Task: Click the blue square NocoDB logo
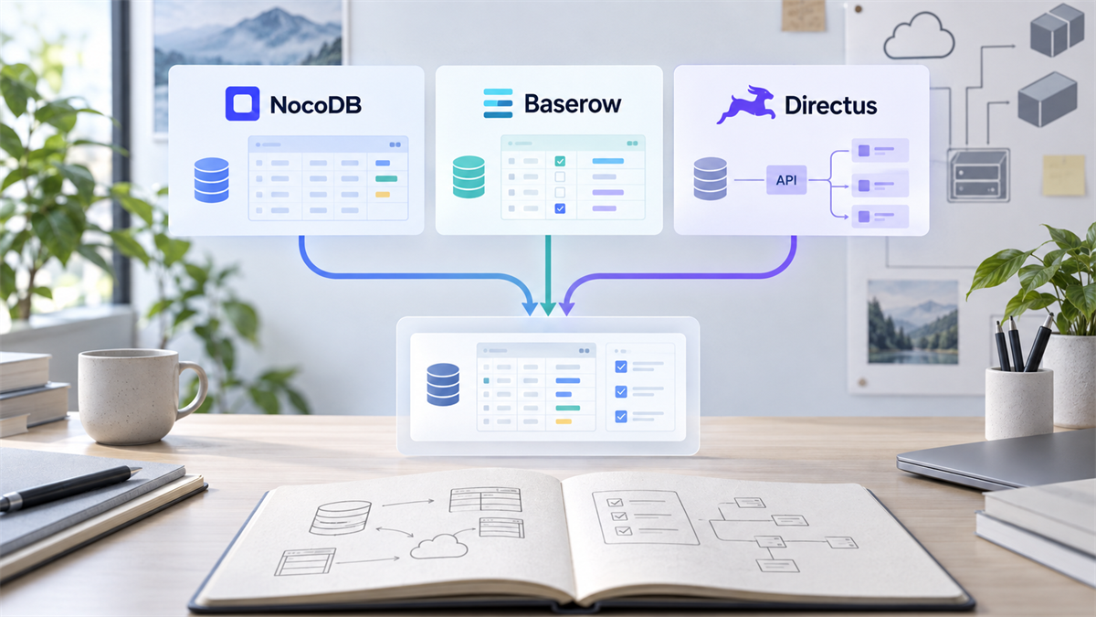242,103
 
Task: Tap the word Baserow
573,104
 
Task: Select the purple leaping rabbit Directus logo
745,104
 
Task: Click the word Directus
831,105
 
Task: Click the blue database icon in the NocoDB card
211,180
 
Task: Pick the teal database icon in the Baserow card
469,176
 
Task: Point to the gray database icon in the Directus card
710,178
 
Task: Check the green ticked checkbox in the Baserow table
560,161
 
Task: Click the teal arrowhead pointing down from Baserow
548,309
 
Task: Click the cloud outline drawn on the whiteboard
919,37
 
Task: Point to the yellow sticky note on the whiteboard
1064,176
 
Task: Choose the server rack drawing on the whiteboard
977,176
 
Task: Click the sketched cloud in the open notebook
439,546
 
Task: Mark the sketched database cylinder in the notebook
340,517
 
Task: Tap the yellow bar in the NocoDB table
382,195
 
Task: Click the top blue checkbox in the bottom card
621,367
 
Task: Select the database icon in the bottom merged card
443,385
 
